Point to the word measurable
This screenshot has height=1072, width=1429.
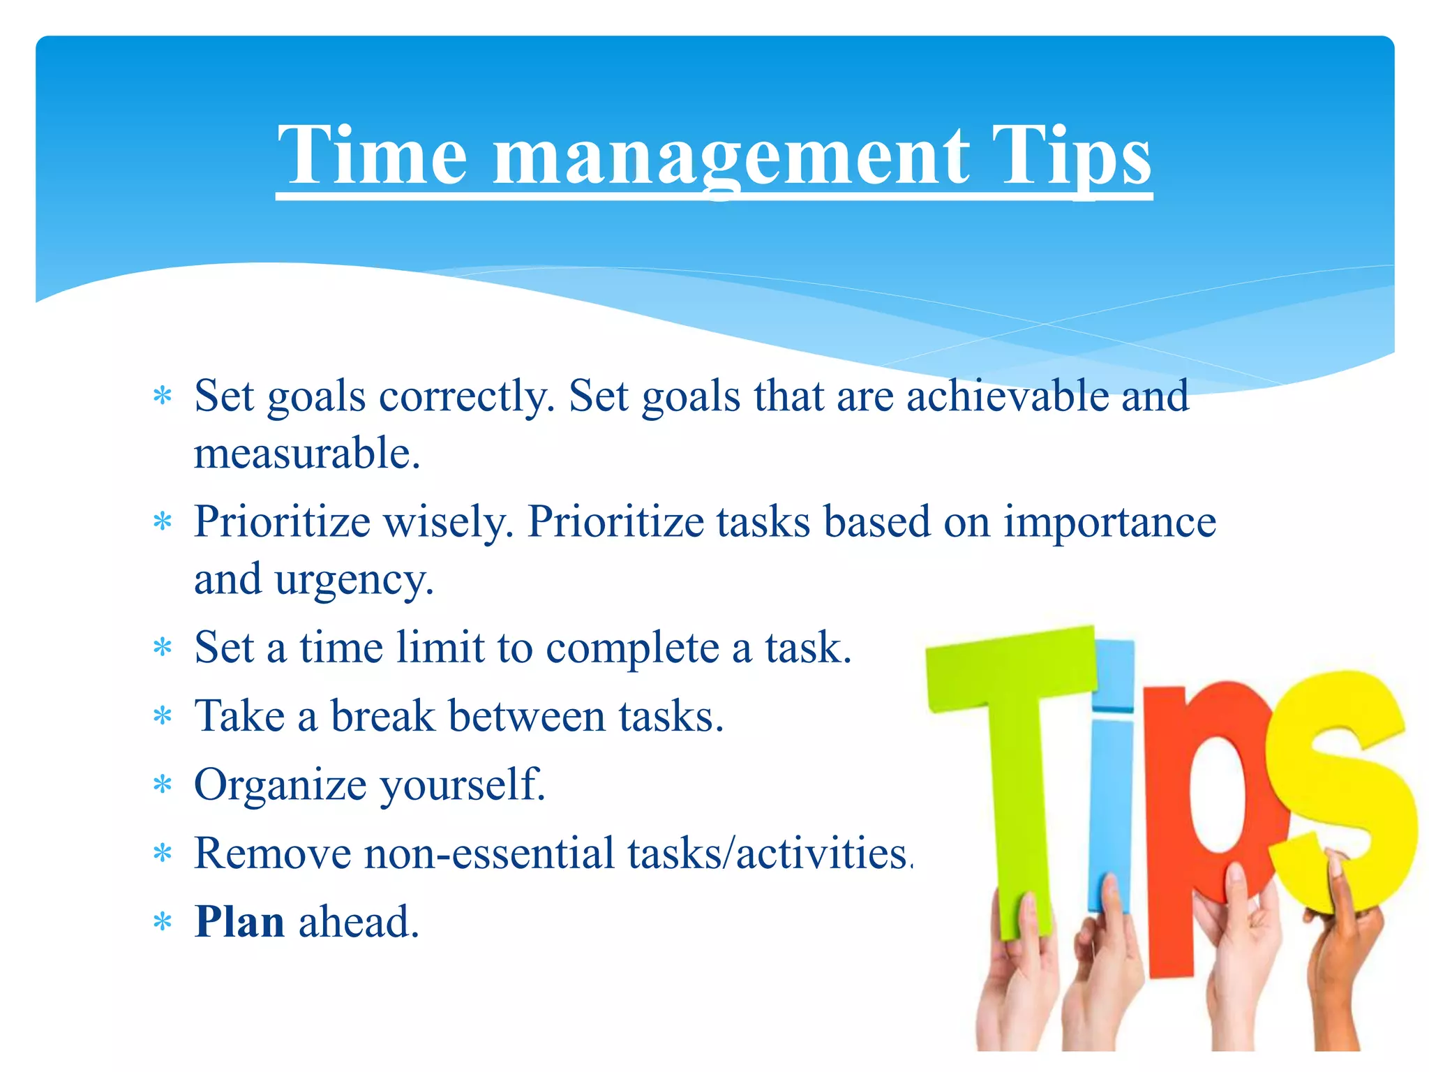[x=307, y=454]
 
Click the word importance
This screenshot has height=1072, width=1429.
[x=1109, y=522]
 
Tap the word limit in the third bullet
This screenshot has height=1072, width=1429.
[x=440, y=648]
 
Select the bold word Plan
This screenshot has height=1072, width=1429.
[x=239, y=922]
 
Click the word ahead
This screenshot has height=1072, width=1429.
[x=359, y=922]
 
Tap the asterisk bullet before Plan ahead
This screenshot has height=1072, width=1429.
[x=163, y=923]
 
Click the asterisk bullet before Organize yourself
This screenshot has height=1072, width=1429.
[x=163, y=785]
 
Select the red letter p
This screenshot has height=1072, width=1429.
[x=1200, y=803]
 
